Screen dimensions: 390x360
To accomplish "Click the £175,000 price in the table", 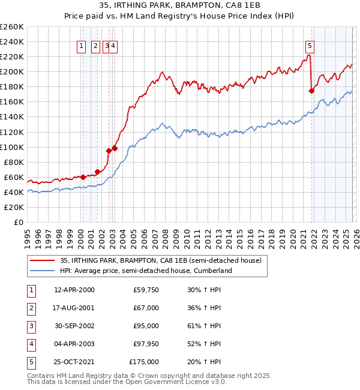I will point(144,362).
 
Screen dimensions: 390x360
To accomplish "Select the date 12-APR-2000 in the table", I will point(74,290).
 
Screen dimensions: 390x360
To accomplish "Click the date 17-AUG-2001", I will point(74,308).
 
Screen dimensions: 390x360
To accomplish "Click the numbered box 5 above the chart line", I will point(310,45).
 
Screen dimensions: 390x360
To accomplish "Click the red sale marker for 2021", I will point(311,91).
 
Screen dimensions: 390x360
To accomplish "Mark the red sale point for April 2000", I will point(83,177).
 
